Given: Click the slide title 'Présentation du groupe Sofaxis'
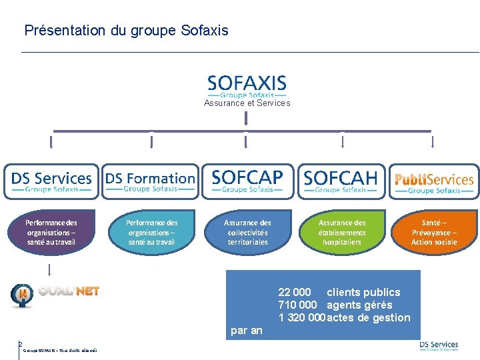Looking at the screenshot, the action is tap(126, 31).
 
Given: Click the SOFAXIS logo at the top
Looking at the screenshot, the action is tap(247, 85).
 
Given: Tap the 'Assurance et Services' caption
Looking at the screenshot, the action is tap(247, 103).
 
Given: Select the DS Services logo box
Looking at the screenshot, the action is tap(51, 181).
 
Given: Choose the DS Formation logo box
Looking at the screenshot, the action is tap(151, 181).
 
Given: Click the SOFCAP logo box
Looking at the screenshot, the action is tap(247, 181).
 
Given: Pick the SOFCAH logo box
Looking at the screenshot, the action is tap(341, 181).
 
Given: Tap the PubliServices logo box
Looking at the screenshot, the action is tap(434, 181).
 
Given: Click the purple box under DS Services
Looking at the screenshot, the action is tap(51, 233).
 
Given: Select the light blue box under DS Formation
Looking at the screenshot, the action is tap(151, 233).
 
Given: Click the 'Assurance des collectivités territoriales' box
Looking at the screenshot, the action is tap(247, 233).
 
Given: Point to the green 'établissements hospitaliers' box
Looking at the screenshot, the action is tap(342, 233).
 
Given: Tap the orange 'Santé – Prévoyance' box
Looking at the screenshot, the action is tap(434, 233).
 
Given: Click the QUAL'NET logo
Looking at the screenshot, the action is tap(55, 294).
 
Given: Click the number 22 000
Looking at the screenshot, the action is tap(295, 292).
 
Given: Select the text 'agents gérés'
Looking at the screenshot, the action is tap(359, 305).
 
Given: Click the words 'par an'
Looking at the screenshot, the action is tap(247, 330).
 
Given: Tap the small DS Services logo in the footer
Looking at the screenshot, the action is tap(439, 346).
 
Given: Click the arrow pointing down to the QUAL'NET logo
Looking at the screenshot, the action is tap(50, 269).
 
